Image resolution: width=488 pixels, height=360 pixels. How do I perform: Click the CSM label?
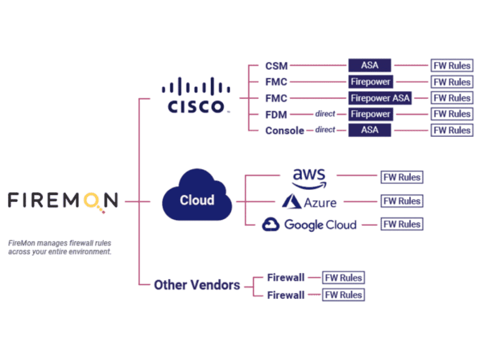click(x=276, y=66)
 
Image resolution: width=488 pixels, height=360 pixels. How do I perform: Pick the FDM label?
click(x=276, y=114)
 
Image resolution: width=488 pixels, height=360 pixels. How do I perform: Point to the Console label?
click(x=285, y=131)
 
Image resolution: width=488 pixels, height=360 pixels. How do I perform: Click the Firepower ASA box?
click(x=380, y=98)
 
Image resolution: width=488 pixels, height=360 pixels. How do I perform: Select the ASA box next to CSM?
click(x=369, y=66)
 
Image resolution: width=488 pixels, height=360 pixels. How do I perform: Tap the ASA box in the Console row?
click(x=369, y=130)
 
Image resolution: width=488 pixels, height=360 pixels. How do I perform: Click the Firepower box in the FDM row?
click(x=370, y=114)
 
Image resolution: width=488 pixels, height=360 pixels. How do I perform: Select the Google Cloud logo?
click(x=309, y=225)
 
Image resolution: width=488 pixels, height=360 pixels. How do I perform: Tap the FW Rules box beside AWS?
click(x=402, y=177)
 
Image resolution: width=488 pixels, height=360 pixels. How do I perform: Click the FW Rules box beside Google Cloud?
click(x=402, y=224)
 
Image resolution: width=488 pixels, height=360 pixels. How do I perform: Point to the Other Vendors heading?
click(x=197, y=285)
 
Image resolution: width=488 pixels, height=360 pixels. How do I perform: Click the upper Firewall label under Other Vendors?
click(x=285, y=278)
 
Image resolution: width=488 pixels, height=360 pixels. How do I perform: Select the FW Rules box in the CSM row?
click(x=452, y=66)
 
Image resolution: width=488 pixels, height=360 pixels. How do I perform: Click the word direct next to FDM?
click(x=325, y=114)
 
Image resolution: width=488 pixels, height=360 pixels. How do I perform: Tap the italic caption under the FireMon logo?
click(x=60, y=247)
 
